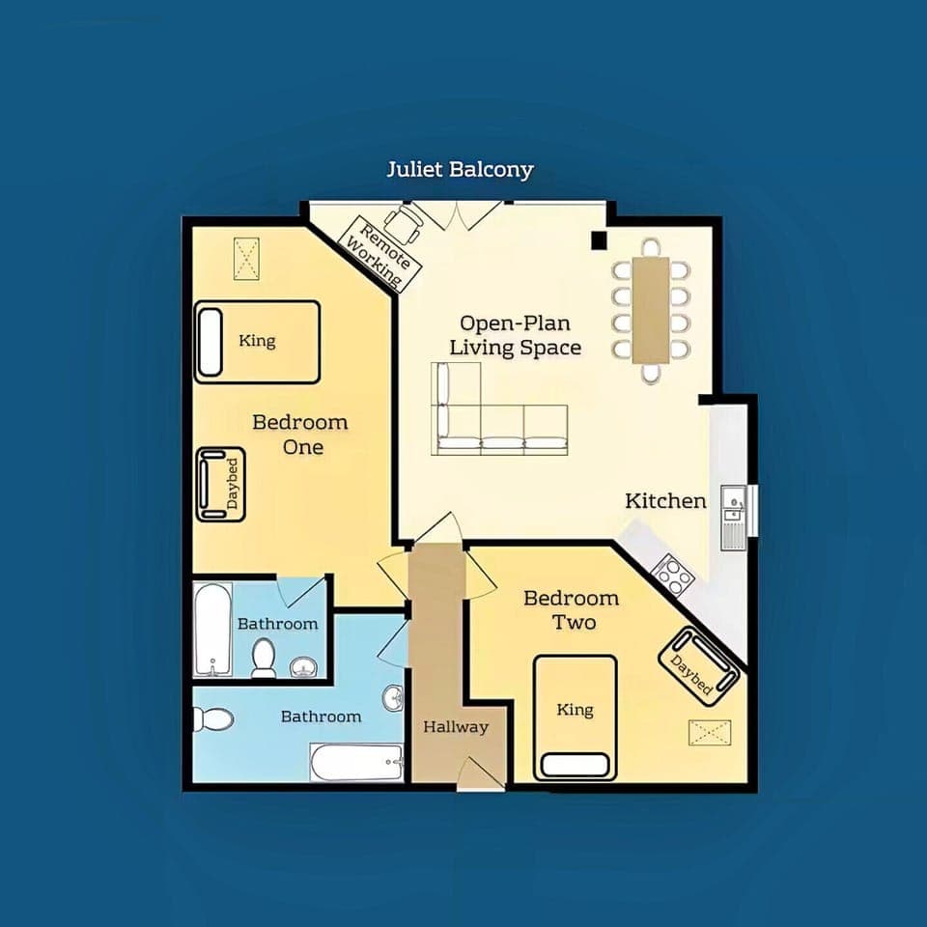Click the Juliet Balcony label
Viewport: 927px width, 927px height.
[x=460, y=170]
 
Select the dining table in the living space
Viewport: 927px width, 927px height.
[x=652, y=309]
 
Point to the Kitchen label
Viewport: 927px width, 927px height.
[x=665, y=500]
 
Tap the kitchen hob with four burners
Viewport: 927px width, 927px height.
[x=673, y=576]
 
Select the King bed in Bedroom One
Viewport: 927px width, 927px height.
[x=258, y=341]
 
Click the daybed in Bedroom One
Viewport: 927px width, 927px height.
[x=220, y=484]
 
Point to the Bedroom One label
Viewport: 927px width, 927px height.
[x=300, y=435]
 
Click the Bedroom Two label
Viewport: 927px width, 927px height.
[x=572, y=609]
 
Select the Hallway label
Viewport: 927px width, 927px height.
[x=455, y=727]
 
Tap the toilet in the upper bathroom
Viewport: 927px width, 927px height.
[x=263, y=658]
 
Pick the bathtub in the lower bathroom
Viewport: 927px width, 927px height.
[x=356, y=762]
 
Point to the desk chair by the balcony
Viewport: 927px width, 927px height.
[x=409, y=222]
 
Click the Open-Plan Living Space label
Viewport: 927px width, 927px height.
[x=520, y=335]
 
